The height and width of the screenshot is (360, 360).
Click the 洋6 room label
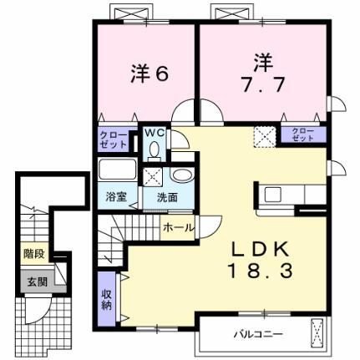(x=150, y=73)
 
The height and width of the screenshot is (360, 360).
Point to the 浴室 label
(x=115, y=198)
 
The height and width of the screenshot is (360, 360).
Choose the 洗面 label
(x=167, y=198)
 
